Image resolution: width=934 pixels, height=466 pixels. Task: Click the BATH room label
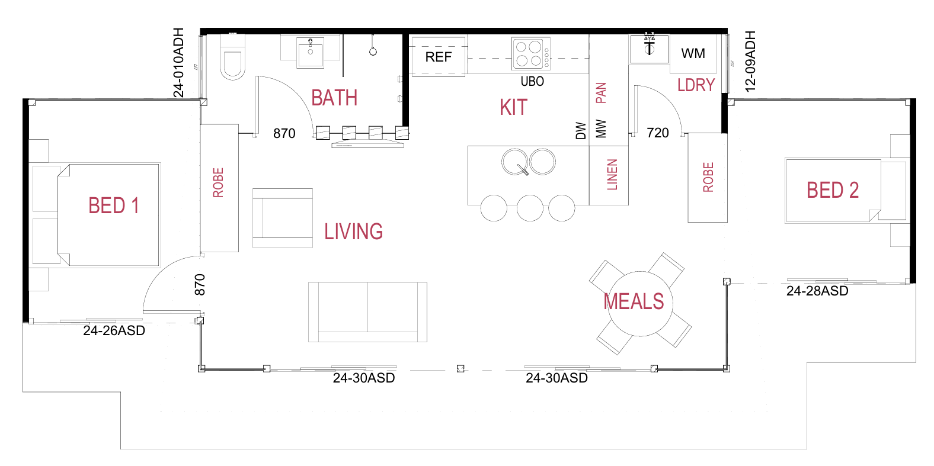click(x=334, y=98)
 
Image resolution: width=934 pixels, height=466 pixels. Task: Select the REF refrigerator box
click(x=438, y=57)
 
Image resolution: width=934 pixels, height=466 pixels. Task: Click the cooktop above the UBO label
click(x=530, y=54)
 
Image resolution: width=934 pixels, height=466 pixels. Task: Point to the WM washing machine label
click(x=693, y=54)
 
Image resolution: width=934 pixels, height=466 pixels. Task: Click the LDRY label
click(x=696, y=85)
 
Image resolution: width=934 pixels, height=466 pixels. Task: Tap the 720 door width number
click(x=658, y=133)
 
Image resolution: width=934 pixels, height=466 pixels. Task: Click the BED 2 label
click(x=832, y=190)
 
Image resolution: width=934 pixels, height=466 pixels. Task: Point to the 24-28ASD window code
click(x=817, y=291)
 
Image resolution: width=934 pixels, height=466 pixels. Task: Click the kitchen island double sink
click(x=529, y=161)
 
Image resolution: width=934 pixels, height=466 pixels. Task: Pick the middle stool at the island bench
click(x=530, y=208)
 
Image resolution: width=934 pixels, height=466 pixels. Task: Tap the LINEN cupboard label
click(x=612, y=175)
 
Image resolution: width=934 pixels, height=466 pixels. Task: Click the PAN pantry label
click(x=600, y=93)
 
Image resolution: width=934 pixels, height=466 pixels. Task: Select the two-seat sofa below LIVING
click(x=367, y=311)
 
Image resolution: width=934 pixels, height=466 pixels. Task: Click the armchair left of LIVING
click(x=283, y=218)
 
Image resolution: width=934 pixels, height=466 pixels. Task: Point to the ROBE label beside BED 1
click(x=218, y=182)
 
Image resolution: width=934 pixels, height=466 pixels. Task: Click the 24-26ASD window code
click(x=114, y=330)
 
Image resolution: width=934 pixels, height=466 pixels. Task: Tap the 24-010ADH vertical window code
click(x=178, y=62)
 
